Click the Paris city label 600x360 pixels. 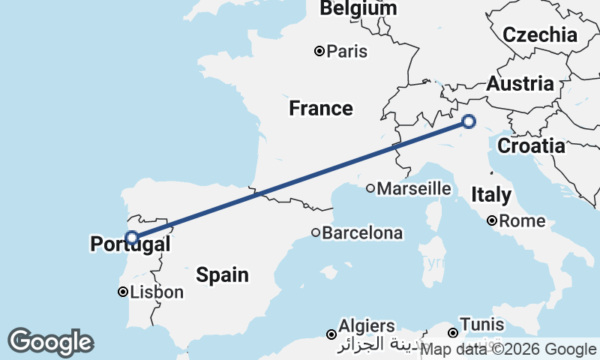point(347,52)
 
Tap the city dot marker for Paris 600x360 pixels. point(319,51)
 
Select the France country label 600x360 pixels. point(321,109)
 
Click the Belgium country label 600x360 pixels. point(358,9)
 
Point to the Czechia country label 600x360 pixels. point(540,35)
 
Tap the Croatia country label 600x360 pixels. point(531,146)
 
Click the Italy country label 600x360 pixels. point(491,196)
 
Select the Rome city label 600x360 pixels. point(522,221)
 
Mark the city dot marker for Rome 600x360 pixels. point(492,220)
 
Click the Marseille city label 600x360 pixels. point(414,189)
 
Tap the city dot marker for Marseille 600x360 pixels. point(370,188)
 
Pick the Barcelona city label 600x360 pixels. point(362,233)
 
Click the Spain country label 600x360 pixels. point(223,275)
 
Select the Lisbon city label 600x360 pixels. point(157,292)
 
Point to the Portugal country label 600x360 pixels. point(130,244)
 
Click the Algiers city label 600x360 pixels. point(367,327)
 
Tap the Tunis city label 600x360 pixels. point(482,326)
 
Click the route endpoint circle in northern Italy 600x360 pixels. point(469,121)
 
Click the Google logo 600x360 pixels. point(50,342)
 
